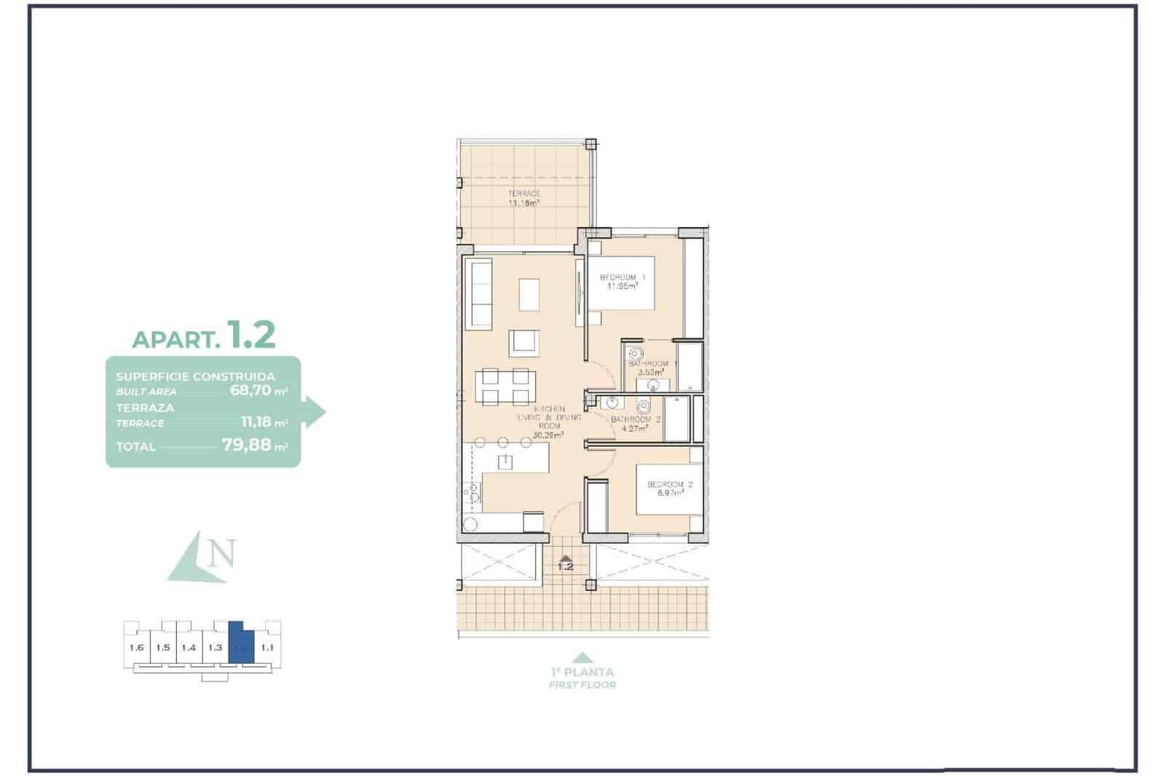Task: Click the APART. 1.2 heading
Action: pyautogui.click(x=203, y=336)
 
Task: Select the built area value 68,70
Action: pyautogui.click(x=250, y=390)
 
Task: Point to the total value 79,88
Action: pyautogui.click(x=246, y=445)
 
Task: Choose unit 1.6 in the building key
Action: pyautogui.click(x=136, y=647)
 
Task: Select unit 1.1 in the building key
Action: pyautogui.click(x=267, y=647)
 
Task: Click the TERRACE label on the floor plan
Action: pyautogui.click(x=524, y=194)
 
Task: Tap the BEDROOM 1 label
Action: pyautogui.click(x=623, y=277)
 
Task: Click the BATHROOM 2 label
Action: pyautogui.click(x=636, y=420)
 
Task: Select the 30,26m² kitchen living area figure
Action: pyautogui.click(x=548, y=435)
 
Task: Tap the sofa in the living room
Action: pyautogui.click(x=481, y=293)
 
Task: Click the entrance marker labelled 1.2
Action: pyautogui.click(x=565, y=563)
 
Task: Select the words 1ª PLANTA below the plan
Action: pyautogui.click(x=582, y=672)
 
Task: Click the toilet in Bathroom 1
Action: pyautogui.click(x=637, y=354)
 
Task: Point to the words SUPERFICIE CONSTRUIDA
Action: pyautogui.click(x=195, y=376)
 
